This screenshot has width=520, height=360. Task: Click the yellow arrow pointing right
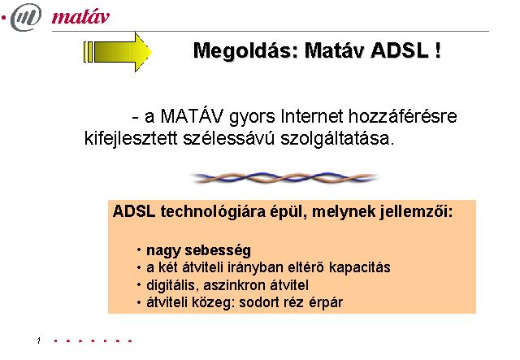[x=118, y=52]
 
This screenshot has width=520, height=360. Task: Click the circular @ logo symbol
[x=26, y=17]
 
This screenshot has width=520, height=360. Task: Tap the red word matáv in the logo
[x=80, y=16]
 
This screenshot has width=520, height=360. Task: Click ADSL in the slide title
[x=399, y=50]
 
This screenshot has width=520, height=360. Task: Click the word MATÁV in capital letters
[x=192, y=116]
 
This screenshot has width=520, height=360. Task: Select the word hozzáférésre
[x=403, y=116]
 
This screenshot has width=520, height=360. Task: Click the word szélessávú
[x=229, y=138]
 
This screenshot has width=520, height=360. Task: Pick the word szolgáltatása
[x=338, y=138]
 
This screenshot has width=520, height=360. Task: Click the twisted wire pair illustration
[x=285, y=177]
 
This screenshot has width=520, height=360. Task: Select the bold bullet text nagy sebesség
[x=198, y=250]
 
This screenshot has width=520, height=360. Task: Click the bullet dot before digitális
[x=139, y=285]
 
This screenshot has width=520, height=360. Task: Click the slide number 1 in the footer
[x=39, y=340]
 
